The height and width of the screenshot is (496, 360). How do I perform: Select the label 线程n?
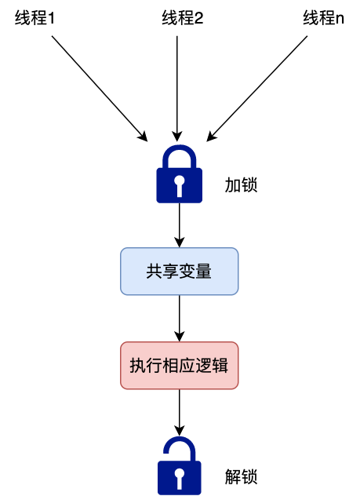[324, 18]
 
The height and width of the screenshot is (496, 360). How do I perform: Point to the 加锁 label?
[241, 185]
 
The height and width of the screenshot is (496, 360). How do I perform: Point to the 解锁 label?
[241, 476]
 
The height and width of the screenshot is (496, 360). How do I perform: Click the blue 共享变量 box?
[180, 272]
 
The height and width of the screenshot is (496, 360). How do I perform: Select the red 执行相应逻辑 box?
[180, 366]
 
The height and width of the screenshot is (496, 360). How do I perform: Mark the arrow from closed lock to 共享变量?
[180, 224]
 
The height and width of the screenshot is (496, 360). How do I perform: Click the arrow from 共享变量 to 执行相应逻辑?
[180, 318]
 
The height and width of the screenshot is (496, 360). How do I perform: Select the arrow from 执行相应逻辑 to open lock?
[180, 412]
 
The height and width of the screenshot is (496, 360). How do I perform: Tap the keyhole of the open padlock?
[180, 478]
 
